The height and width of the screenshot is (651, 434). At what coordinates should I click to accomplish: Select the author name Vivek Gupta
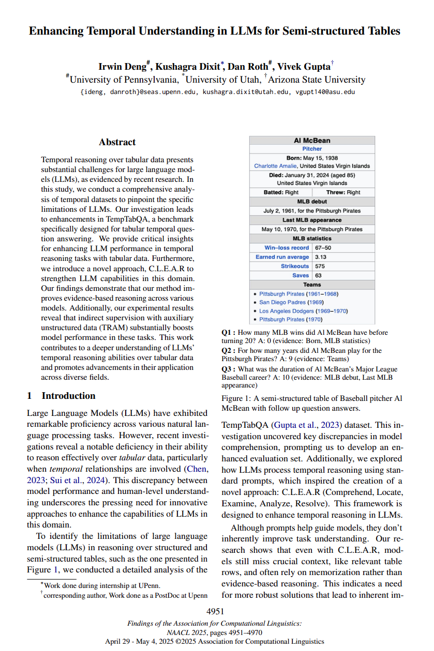pyautogui.click(x=304, y=66)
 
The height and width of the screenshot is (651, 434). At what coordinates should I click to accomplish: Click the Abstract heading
pyautogui.click(x=117, y=142)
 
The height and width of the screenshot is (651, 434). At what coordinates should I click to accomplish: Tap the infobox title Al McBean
pyautogui.click(x=312, y=140)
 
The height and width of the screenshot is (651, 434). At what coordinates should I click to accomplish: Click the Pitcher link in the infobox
pyautogui.click(x=312, y=149)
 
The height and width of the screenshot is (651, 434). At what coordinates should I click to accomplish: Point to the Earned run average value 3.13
pyautogui.click(x=321, y=257)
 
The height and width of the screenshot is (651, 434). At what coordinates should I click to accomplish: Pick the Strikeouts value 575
pyautogui.click(x=321, y=266)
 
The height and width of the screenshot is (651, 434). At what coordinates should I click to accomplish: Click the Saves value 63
pyautogui.click(x=319, y=275)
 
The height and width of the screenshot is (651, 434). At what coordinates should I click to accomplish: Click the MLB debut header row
pyautogui.click(x=312, y=202)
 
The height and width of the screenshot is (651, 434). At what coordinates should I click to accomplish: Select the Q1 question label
pyautogui.click(x=228, y=332)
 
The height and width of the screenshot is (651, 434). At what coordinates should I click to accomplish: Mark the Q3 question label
pyautogui.click(x=228, y=369)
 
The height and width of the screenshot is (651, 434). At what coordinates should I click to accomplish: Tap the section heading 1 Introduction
pyautogui.click(x=61, y=396)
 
